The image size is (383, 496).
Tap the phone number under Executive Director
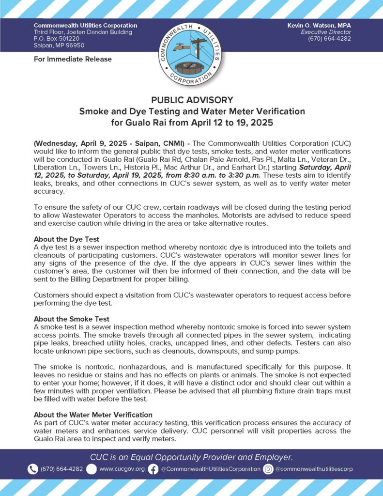click(x=329, y=39)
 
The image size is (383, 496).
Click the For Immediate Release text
click(x=73, y=59)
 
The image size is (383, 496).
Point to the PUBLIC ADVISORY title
click(x=192, y=100)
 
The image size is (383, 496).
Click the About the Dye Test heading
click(x=66, y=239)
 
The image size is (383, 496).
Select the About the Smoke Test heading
click(x=71, y=319)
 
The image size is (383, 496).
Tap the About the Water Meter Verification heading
click(x=93, y=415)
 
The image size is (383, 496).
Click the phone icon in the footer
click(x=33, y=469)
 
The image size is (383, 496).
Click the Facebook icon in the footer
click(x=153, y=469)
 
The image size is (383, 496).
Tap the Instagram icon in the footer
click(x=269, y=469)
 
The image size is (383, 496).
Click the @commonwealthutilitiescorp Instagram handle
click(x=315, y=469)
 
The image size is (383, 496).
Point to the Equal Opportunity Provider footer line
click(x=191, y=457)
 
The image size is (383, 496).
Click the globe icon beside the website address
click(x=91, y=469)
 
